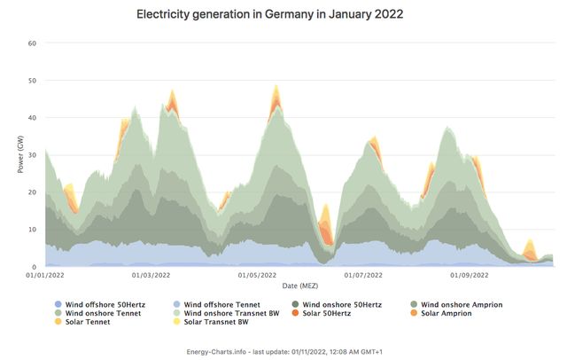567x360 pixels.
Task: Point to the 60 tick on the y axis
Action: [x=31, y=43]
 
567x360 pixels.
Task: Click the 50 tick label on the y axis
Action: [x=31, y=81]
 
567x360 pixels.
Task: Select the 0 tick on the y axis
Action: [x=34, y=267]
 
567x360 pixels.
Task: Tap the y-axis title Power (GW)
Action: [x=19, y=154]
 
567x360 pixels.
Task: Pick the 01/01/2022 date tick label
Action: [x=44, y=276]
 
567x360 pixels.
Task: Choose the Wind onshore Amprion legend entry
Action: [x=462, y=305]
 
